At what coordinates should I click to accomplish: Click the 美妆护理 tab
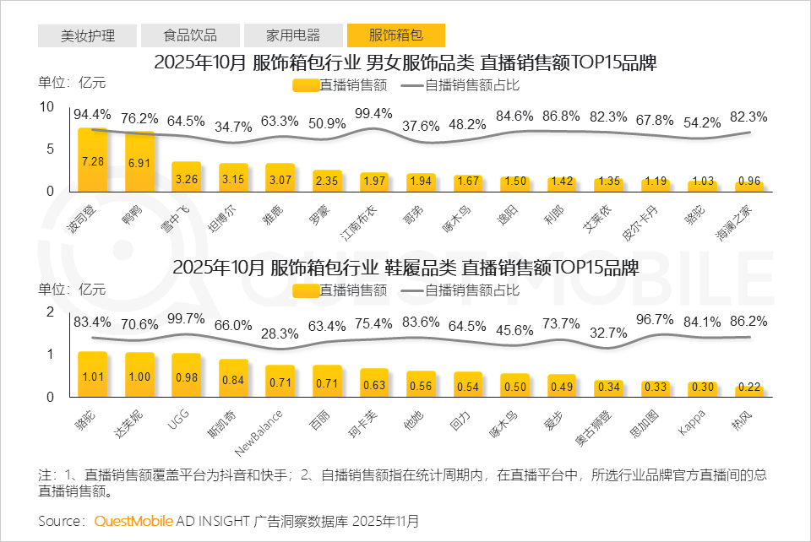tap(88, 35)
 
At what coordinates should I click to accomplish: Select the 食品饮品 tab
tap(190, 35)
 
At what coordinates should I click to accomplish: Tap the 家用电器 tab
tap(293, 35)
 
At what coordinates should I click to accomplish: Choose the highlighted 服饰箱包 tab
tap(396, 35)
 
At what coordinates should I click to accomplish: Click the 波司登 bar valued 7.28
tap(93, 160)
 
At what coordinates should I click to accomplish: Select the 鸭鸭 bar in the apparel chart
tap(139, 162)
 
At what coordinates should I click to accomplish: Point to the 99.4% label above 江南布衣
tap(373, 114)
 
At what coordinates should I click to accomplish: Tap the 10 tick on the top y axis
tap(47, 106)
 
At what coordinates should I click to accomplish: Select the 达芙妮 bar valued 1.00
tap(139, 374)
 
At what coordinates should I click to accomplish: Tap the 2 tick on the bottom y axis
tap(50, 312)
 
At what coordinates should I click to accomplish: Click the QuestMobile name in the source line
tap(133, 520)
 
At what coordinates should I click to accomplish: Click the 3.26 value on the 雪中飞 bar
tap(187, 179)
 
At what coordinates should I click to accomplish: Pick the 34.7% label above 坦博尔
tap(233, 127)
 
